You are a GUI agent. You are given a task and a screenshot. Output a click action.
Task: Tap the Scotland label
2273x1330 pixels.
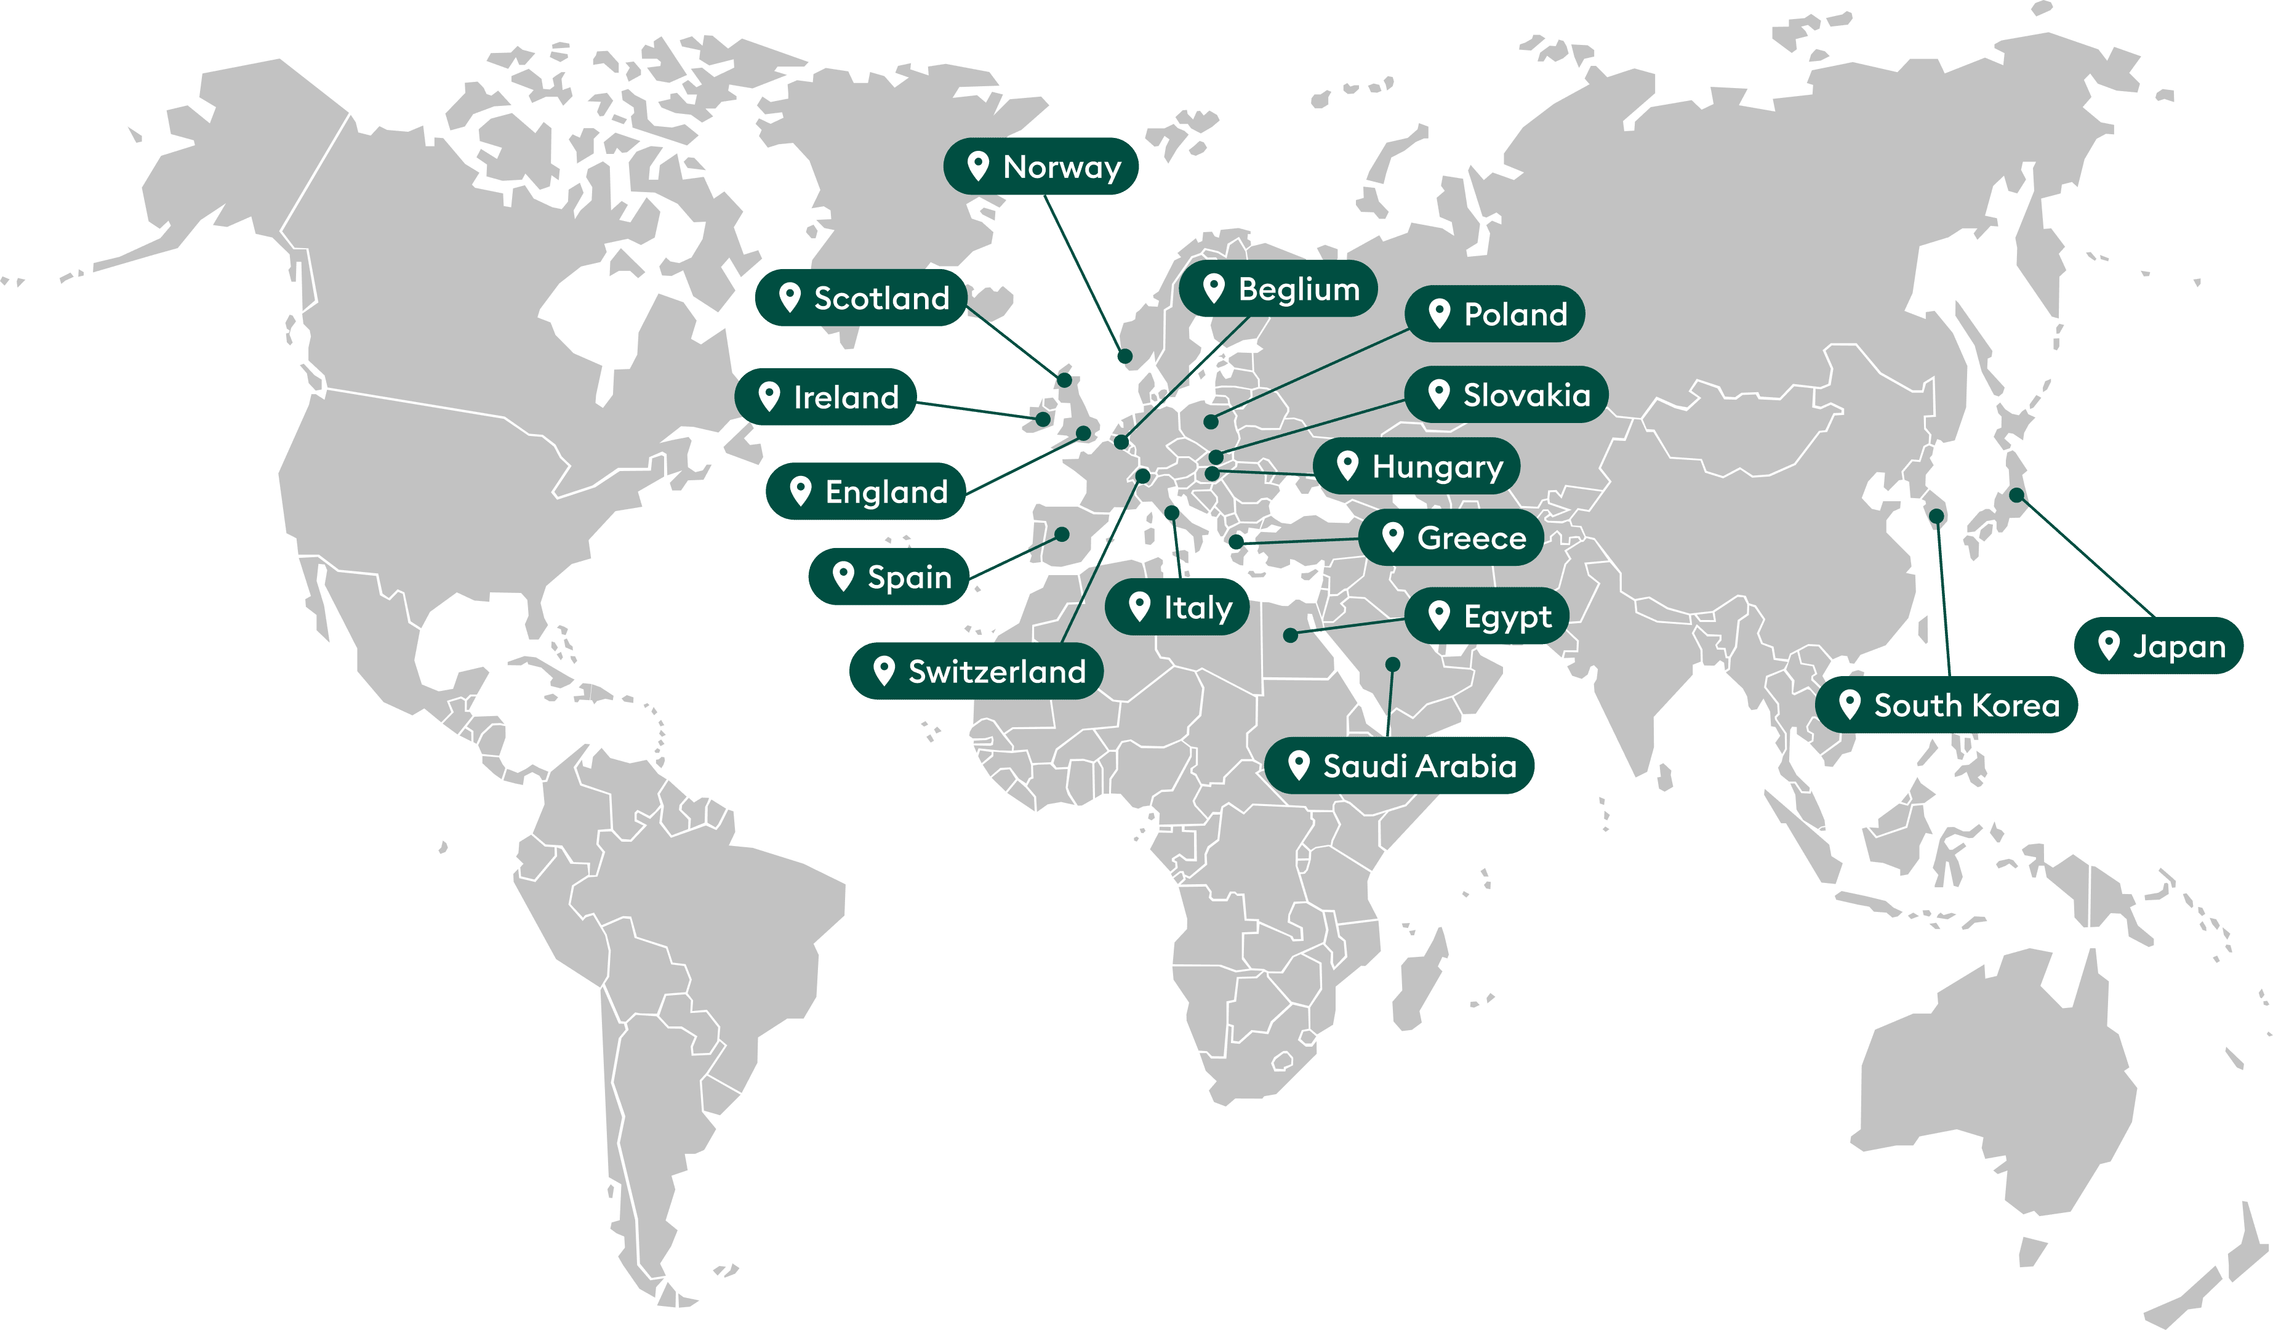[x=862, y=298]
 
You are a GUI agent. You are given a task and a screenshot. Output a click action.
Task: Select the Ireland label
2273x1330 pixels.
[x=825, y=397]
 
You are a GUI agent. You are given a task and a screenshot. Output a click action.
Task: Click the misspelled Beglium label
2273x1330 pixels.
[x=1278, y=289]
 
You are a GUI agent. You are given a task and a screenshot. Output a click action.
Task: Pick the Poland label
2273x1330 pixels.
[x=1494, y=314]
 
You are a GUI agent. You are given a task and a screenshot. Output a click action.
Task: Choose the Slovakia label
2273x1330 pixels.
[x=1506, y=394]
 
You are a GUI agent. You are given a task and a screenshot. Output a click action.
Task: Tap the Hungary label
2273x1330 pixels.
[x=1416, y=467]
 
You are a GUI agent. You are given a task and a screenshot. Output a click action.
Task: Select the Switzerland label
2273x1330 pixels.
[x=976, y=671]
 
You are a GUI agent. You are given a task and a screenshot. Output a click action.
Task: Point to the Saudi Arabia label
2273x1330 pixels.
[x=1399, y=766]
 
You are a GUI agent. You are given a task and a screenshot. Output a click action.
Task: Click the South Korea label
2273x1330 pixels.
[x=1946, y=704]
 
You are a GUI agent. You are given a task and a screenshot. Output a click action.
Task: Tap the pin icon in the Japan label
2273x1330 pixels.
[x=2108, y=645]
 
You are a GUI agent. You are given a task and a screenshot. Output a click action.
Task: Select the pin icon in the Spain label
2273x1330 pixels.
[x=843, y=576]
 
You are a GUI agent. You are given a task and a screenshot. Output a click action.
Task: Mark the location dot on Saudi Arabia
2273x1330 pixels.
[x=1393, y=664]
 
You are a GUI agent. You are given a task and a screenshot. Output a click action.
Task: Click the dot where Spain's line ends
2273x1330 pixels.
[x=1062, y=534]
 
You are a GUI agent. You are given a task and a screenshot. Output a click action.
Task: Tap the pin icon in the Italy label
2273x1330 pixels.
[x=1139, y=607]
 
